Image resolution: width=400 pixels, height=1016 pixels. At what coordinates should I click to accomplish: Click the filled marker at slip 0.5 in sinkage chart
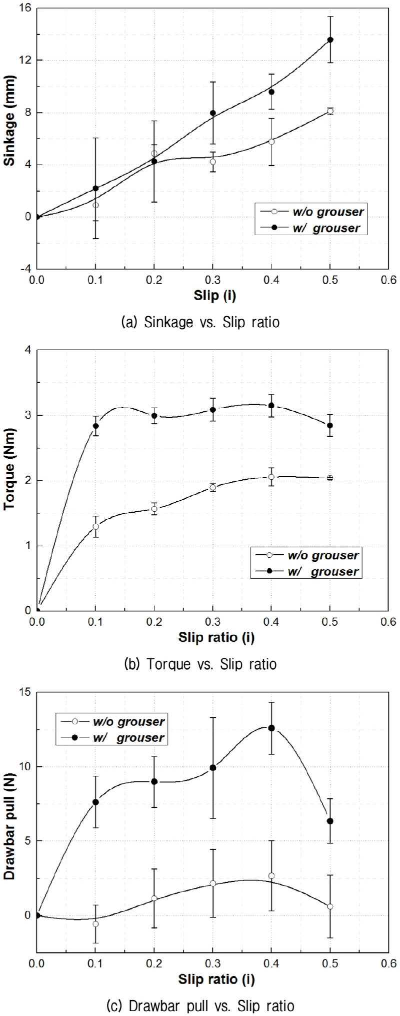click(330, 40)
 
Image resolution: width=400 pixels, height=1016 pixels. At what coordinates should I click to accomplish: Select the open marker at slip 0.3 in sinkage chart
click(213, 162)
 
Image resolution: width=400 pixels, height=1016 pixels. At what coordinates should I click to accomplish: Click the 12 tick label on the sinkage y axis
click(24, 60)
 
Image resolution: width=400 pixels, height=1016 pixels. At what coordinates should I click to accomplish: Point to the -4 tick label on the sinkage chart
click(24, 269)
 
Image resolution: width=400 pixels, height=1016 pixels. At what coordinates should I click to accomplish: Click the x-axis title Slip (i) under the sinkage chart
click(214, 296)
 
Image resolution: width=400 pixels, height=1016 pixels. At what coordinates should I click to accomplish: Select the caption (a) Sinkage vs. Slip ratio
click(200, 322)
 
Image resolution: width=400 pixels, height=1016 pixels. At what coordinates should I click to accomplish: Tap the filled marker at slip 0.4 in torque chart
click(271, 406)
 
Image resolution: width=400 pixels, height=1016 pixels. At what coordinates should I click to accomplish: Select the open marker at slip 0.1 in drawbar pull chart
click(95, 924)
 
